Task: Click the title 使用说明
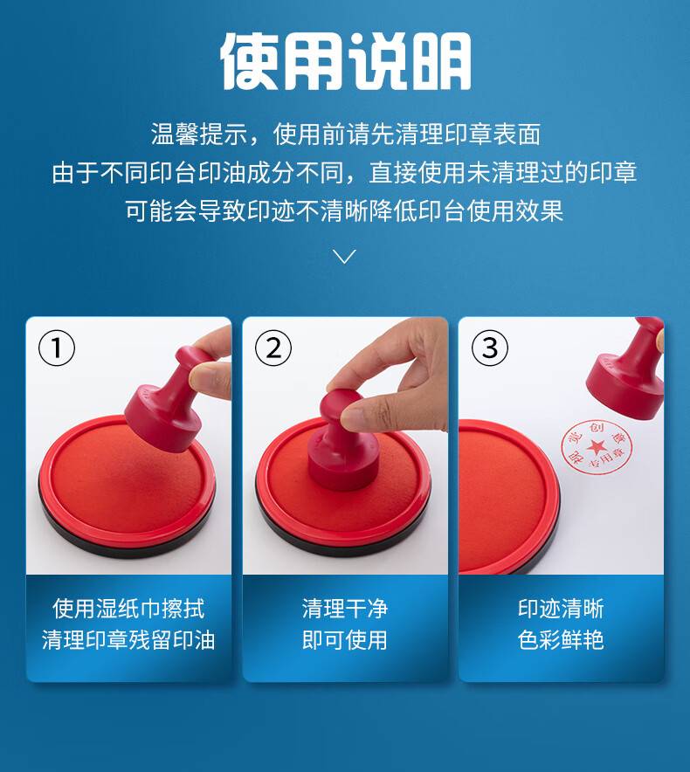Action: pos(345,62)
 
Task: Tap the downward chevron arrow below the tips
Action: pos(344,256)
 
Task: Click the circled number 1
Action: pos(57,348)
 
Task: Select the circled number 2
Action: pos(273,348)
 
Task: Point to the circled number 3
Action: pos(489,348)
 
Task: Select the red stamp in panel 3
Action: pos(626,369)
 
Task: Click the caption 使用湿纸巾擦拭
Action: pos(128,609)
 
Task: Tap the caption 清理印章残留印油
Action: pos(128,640)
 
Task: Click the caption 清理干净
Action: pos(345,609)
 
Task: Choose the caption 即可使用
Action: pos(345,640)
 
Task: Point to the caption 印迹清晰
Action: pos(561,609)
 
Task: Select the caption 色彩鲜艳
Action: pos(561,640)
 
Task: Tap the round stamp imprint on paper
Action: pos(597,447)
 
